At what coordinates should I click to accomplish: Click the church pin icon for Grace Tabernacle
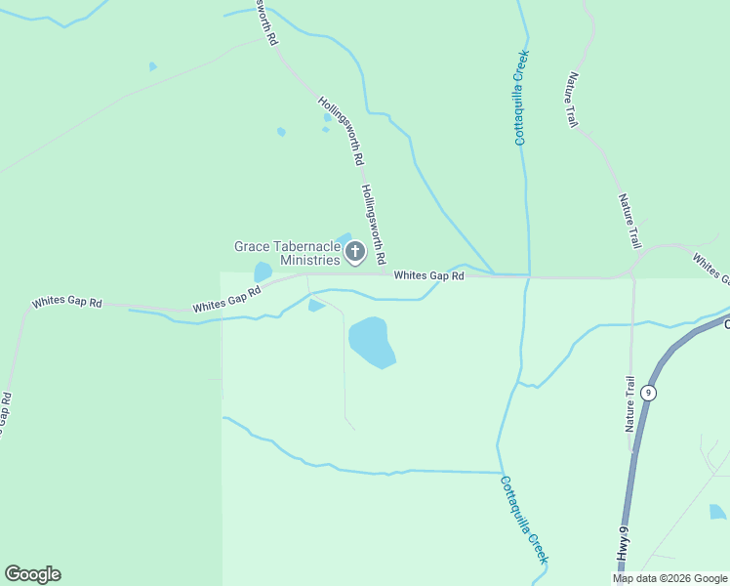coord(355,253)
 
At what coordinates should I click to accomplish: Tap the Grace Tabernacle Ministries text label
coord(288,253)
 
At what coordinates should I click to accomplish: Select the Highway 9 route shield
coord(650,393)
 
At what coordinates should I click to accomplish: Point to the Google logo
coord(32,574)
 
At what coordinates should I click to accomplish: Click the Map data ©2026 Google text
coord(669,578)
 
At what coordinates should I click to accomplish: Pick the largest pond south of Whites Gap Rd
coord(371,343)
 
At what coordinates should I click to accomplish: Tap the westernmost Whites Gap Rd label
coord(66,303)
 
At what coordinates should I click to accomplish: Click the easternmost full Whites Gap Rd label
coord(428,276)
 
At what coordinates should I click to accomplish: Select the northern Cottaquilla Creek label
coord(521,98)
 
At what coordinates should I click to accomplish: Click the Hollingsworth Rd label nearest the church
coord(374,226)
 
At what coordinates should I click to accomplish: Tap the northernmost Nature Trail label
coord(572,101)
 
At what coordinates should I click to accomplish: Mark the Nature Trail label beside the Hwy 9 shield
coord(631,403)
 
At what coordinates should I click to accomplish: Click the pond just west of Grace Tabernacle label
coord(263,272)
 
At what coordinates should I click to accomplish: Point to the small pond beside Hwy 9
coord(717,511)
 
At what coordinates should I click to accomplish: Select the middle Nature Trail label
coord(629,220)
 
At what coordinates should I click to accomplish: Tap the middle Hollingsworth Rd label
coord(341,129)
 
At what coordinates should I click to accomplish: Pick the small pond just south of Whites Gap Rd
coord(315,306)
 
